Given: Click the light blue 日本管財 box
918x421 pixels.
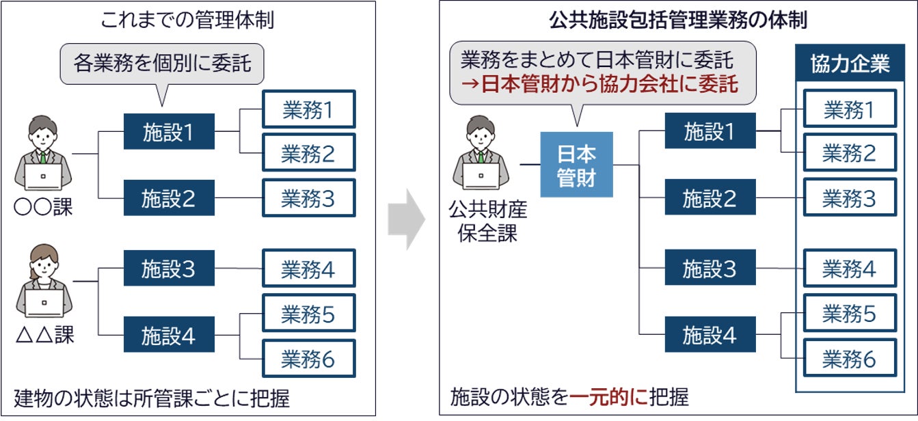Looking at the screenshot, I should [x=576, y=165].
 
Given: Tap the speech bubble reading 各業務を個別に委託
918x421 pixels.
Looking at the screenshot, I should [x=161, y=64].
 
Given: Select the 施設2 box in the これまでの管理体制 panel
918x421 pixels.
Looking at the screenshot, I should [x=169, y=198].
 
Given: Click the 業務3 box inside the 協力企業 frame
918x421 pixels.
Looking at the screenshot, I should [x=849, y=198].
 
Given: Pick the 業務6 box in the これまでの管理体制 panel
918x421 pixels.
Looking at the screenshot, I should [x=308, y=358].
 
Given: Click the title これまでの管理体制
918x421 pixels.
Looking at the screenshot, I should [x=187, y=21].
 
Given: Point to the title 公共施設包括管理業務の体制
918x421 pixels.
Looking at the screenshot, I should [x=678, y=21].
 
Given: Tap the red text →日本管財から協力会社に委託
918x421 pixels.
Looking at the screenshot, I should [x=593, y=84].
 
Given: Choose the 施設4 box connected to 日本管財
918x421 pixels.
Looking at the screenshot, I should [x=710, y=335].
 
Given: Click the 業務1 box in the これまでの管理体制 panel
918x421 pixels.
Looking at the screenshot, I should [x=308, y=109].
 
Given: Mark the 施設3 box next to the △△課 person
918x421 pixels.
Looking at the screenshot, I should [x=169, y=269].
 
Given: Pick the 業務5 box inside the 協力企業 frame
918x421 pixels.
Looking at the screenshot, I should [x=849, y=314].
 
